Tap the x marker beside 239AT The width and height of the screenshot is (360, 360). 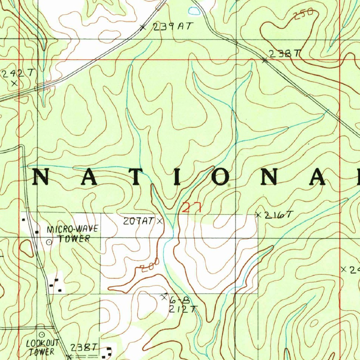coord(142,27)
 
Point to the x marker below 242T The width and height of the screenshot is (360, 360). coord(14,83)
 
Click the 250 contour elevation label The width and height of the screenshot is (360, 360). coord(303,15)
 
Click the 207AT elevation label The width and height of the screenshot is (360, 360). coord(139,221)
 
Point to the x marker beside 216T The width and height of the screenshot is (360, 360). coord(259,214)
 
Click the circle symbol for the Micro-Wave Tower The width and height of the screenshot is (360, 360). coord(49,242)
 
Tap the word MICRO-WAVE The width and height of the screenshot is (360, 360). coord(73,230)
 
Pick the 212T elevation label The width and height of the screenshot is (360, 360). coord(181,309)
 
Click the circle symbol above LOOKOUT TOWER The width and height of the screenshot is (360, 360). coord(42,334)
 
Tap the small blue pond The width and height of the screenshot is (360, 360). coord(194,11)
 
